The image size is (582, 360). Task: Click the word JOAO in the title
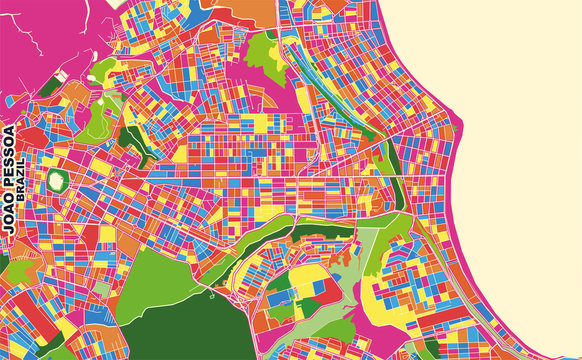tap(10, 216)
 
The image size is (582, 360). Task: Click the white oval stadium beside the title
tap(58, 181)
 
